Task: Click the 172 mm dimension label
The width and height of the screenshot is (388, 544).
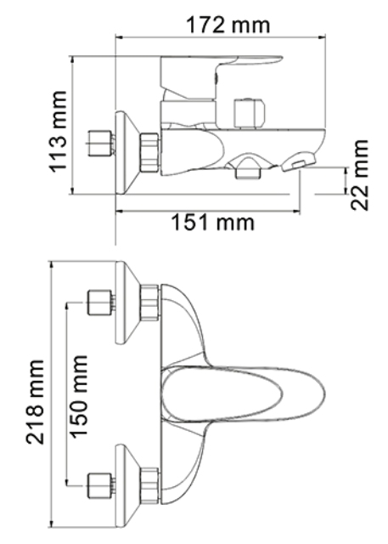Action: point(228,25)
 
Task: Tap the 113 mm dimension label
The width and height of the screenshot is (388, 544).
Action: point(58,131)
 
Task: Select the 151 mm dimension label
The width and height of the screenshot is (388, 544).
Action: point(213,223)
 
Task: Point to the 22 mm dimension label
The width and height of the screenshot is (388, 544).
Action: point(359,175)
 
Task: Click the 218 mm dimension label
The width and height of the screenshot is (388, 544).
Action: point(35,402)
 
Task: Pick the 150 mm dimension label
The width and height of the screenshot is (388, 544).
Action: point(78,397)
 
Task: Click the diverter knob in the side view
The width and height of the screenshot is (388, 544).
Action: point(250,113)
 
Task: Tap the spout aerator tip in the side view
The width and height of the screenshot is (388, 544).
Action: point(299,162)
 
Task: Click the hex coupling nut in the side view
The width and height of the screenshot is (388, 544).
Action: point(149,151)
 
